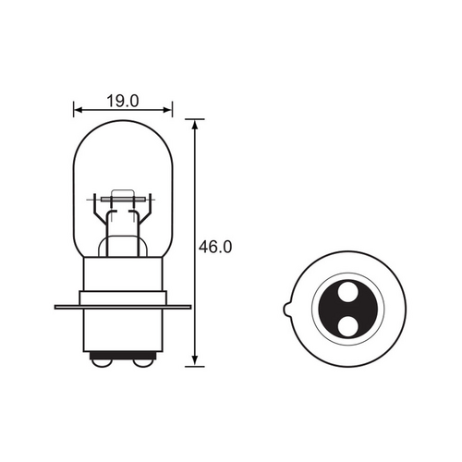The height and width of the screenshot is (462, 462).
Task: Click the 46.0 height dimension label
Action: [213, 247]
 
